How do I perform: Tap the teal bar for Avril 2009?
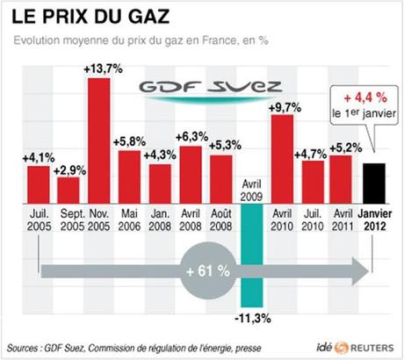pyautogui.click(x=249, y=246)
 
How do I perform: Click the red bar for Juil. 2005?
pyautogui.click(x=38, y=183)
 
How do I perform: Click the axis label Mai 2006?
pyautogui.click(x=129, y=218)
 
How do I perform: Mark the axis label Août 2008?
pyautogui.click(x=220, y=218)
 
